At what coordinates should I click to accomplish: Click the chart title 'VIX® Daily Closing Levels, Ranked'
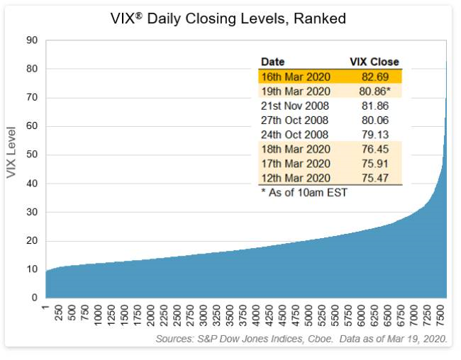click(230, 19)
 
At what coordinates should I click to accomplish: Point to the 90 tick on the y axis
click(32, 40)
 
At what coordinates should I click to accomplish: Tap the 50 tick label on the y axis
click(32, 154)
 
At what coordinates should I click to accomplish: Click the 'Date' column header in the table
click(273, 62)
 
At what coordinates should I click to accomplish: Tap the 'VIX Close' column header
click(374, 62)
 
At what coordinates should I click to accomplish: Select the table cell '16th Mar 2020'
click(296, 77)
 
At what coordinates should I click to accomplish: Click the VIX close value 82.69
click(375, 77)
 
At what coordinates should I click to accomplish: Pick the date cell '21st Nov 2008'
click(296, 106)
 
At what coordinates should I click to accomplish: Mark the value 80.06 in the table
click(375, 120)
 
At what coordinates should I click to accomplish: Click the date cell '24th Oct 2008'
click(296, 135)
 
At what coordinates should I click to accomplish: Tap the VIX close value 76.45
click(375, 149)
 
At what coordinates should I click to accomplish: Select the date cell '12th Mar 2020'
click(296, 178)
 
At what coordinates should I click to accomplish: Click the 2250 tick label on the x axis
click(165, 315)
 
